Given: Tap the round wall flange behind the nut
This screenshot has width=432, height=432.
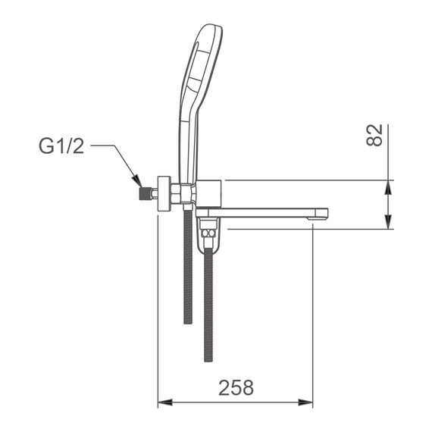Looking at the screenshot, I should click(161, 193).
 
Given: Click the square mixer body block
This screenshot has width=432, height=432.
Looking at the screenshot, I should click(208, 193).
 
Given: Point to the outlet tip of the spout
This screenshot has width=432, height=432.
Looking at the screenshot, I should click(321, 215).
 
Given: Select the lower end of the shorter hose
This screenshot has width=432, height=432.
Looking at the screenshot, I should click(188, 318).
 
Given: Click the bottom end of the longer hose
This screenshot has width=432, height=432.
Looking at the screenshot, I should click(209, 356).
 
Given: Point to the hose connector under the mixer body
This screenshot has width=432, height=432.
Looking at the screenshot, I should click(209, 235).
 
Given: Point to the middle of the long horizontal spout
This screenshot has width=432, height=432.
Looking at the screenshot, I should click(265, 212).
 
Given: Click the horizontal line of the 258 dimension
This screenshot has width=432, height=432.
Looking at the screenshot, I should click(236, 402).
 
